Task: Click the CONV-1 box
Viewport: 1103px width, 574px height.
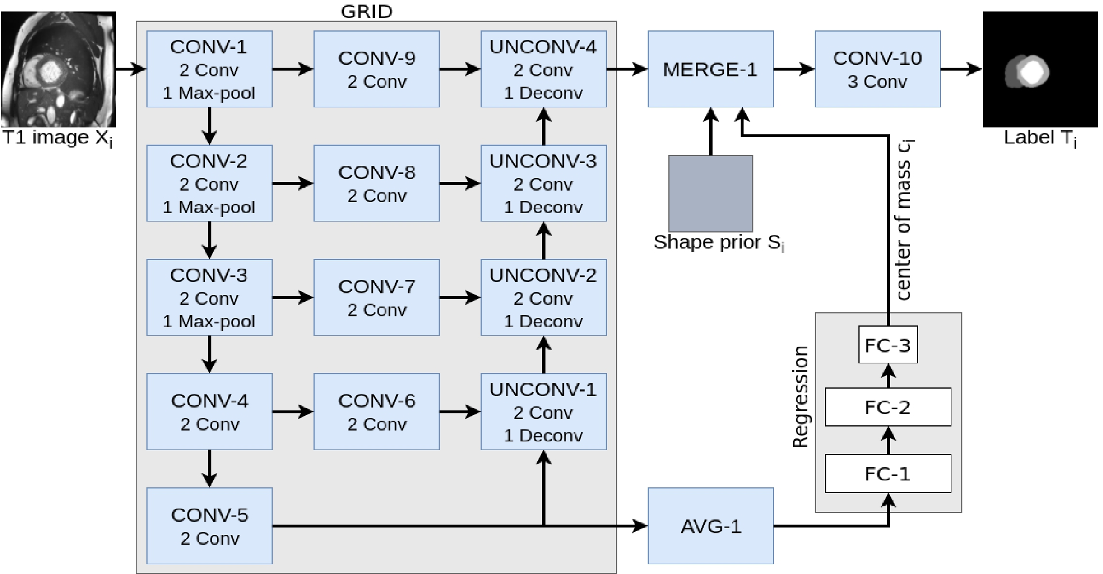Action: tap(209, 69)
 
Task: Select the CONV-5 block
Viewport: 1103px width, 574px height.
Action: tap(209, 526)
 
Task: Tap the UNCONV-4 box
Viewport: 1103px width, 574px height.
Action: tap(543, 69)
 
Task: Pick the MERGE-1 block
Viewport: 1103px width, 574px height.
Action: tap(710, 69)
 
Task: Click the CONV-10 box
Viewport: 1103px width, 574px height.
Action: tap(877, 69)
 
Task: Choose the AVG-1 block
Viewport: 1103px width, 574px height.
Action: tap(710, 526)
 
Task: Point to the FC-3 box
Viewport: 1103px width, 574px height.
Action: tap(888, 345)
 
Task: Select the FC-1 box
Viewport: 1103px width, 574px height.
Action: tap(888, 474)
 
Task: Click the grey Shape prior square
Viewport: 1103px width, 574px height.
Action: tap(710, 193)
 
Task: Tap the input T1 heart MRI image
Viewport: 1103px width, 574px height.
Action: tap(59, 69)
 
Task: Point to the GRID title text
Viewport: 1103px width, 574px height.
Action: tap(366, 11)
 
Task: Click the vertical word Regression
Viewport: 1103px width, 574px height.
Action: tap(800, 397)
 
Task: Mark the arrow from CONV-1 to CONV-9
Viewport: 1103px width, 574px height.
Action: tap(293, 69)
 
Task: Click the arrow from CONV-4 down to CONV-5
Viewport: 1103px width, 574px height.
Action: tap(210, 468)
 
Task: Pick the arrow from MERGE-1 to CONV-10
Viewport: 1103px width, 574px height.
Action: tap(794, 69)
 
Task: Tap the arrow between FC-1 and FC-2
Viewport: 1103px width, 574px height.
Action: tap(888, 440)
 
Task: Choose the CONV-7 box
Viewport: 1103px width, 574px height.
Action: tap(376, 297)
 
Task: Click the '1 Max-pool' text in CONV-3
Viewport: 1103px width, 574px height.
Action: tap(209, 321)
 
